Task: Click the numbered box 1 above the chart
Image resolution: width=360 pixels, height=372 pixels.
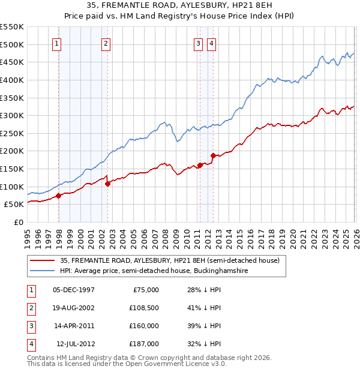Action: coord(56,43)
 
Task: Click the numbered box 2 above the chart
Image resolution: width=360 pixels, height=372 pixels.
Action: coord(106,43)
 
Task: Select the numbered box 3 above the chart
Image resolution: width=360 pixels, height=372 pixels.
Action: coord(198,43)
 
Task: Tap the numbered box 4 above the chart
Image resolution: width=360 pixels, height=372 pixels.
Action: coord(212,43)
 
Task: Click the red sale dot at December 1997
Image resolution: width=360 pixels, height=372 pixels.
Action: coord(58,196)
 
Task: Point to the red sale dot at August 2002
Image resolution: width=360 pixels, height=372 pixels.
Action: coord(108,184)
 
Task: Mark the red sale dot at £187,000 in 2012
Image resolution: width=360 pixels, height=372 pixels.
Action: coord(212,156)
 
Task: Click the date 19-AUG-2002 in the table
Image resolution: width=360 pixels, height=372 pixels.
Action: coord(74,308)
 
